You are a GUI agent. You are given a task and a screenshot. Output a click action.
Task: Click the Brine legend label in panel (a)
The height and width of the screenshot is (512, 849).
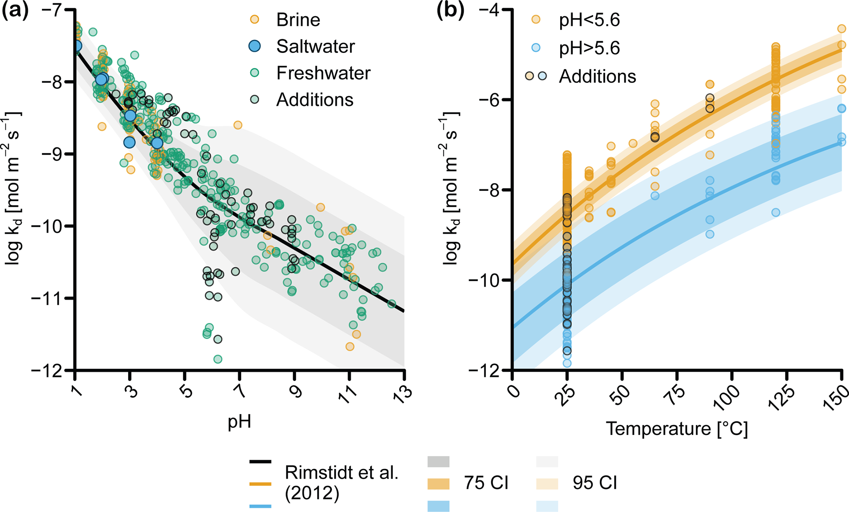coord(298,20)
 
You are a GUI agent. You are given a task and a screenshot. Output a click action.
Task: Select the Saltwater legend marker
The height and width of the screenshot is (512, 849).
coord(255,46)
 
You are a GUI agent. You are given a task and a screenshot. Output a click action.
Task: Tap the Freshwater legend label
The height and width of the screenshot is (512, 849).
coord(323,73)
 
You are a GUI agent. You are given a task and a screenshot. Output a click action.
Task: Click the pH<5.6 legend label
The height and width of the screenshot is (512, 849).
coord(589,20)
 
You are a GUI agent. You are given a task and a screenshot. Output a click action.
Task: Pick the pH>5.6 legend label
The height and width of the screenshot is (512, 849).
coord(589,48)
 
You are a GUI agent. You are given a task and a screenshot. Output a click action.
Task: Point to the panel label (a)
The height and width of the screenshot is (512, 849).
coord(15,11)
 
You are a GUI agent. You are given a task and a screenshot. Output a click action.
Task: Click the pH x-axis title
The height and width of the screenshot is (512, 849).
coord(239,422)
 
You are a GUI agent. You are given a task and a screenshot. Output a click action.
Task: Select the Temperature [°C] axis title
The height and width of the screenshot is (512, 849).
coord(676,429)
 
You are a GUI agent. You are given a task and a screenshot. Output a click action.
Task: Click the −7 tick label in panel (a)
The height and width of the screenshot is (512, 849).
coord(54,9)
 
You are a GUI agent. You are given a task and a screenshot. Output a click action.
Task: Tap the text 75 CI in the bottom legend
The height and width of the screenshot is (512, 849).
coord(486,483)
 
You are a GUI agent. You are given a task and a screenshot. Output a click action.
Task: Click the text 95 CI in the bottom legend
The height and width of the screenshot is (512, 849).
coord(595,483)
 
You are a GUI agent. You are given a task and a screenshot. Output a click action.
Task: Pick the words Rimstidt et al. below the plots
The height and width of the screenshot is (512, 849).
coord(342,473)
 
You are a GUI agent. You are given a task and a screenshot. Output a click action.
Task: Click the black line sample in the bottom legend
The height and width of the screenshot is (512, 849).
coord(260,461)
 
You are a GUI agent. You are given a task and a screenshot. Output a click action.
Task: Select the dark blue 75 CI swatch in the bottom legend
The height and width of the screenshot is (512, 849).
coord(438,506)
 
